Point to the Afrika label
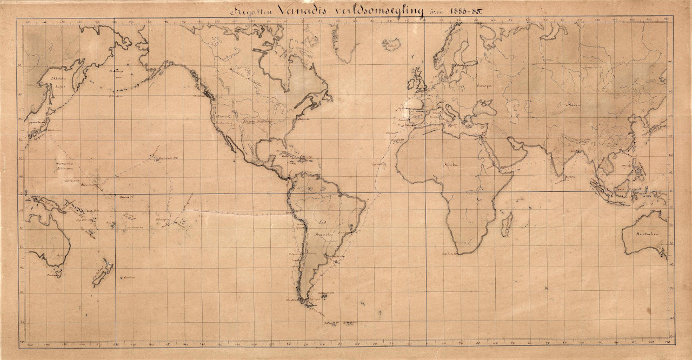(450, 163)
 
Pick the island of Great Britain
(418, 82)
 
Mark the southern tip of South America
(309, 304)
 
